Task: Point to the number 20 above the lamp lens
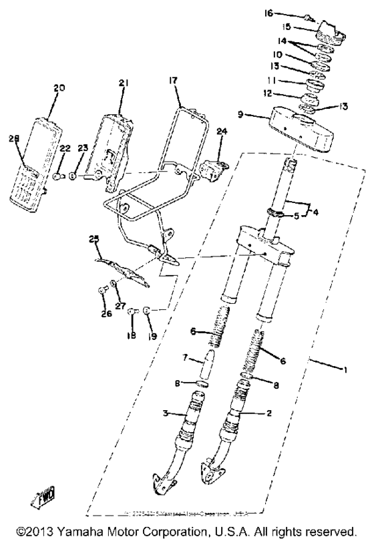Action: [58, 89]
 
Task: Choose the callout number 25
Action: [94, 238]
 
